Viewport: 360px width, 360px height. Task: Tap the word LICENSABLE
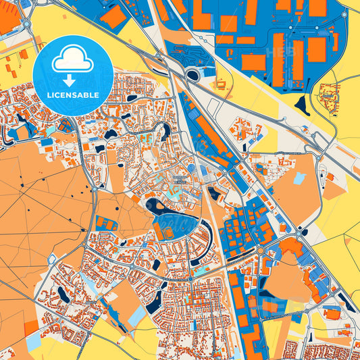72,95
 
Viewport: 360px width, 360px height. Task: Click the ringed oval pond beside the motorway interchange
193,74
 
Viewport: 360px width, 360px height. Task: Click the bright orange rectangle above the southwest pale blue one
30,328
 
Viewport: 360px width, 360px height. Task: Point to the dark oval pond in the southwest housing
62,293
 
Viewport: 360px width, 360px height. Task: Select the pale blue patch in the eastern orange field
299,179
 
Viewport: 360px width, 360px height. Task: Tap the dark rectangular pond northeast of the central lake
213,195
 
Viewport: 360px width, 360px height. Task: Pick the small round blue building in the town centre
191,168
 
